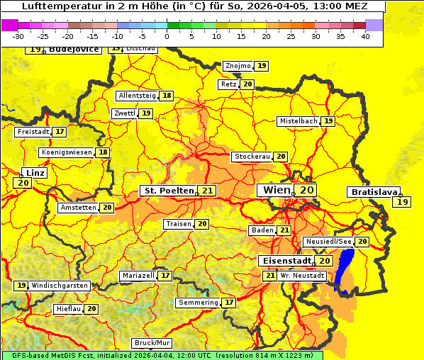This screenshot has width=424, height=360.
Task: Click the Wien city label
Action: coord(277,190)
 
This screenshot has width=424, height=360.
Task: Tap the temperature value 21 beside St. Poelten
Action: coord(207,191)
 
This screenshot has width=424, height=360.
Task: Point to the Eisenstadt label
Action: coord(285,261)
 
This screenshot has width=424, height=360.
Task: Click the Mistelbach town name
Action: coord(298,121)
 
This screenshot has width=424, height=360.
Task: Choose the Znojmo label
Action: coord(238,66)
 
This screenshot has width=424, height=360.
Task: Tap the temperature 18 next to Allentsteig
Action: coord(167,96)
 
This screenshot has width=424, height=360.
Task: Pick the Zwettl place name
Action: coord(124,113)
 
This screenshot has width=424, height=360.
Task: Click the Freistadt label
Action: coord(33,132)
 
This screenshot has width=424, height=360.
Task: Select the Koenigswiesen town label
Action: coord(67,152)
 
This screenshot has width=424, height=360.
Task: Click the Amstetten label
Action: coord(78,208)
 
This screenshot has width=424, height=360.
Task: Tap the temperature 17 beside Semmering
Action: coord(229,303)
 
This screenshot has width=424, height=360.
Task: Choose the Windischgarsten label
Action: coord(60,286)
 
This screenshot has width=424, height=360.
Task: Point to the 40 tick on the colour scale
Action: coord(365,36)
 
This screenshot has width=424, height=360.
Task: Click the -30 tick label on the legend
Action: coord(18,36)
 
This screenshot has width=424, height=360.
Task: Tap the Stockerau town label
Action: coord(252,157)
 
